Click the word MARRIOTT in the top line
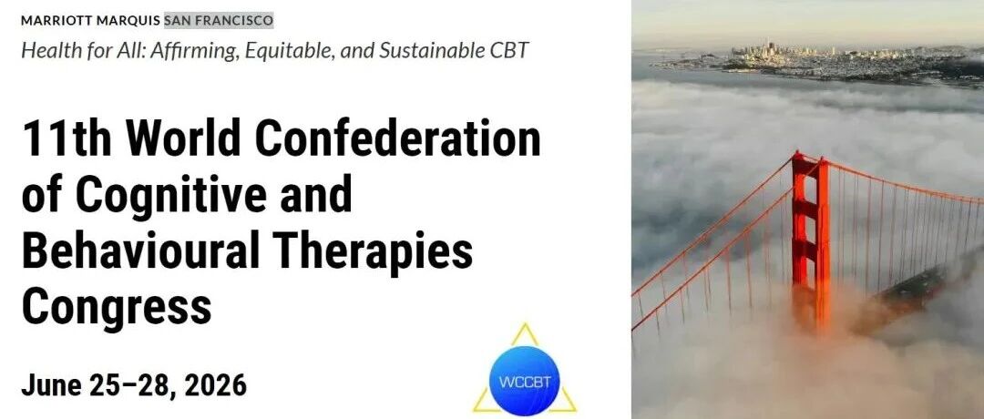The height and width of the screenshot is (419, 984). pyautogui.click(x=56, y=21)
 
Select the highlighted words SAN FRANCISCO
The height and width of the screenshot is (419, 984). pyautogui.click(x=219, y=21)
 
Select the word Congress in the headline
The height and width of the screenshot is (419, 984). pyautogui.click(x=117, y=307)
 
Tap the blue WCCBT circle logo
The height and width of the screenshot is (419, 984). pyautogui.click(x=524, y=381)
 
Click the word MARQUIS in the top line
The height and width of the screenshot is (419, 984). pyautogui.click(x=128, y=21)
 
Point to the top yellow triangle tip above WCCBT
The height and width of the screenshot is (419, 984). pyautogui.click(x=525, y=323)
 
